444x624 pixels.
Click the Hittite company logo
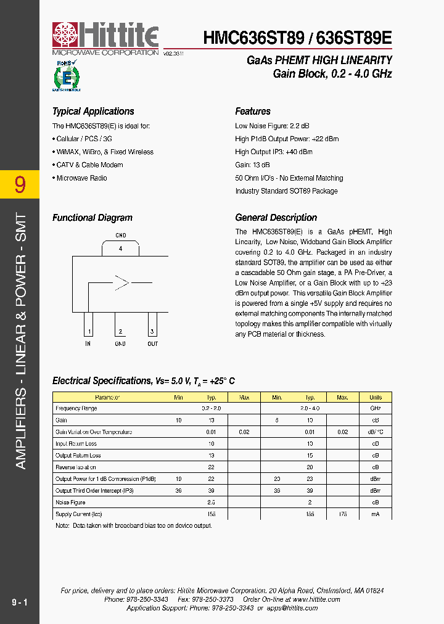105,39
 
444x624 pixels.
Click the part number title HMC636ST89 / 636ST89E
297,38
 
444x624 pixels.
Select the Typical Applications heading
93,112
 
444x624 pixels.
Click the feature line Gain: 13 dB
252,165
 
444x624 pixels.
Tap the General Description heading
276,218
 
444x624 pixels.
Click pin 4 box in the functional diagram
121,248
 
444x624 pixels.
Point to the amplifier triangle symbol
121,283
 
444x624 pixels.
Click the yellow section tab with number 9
20,184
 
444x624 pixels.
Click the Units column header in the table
375,397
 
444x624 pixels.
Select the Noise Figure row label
71,503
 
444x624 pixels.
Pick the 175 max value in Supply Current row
343,514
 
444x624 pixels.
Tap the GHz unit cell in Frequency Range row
375,409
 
